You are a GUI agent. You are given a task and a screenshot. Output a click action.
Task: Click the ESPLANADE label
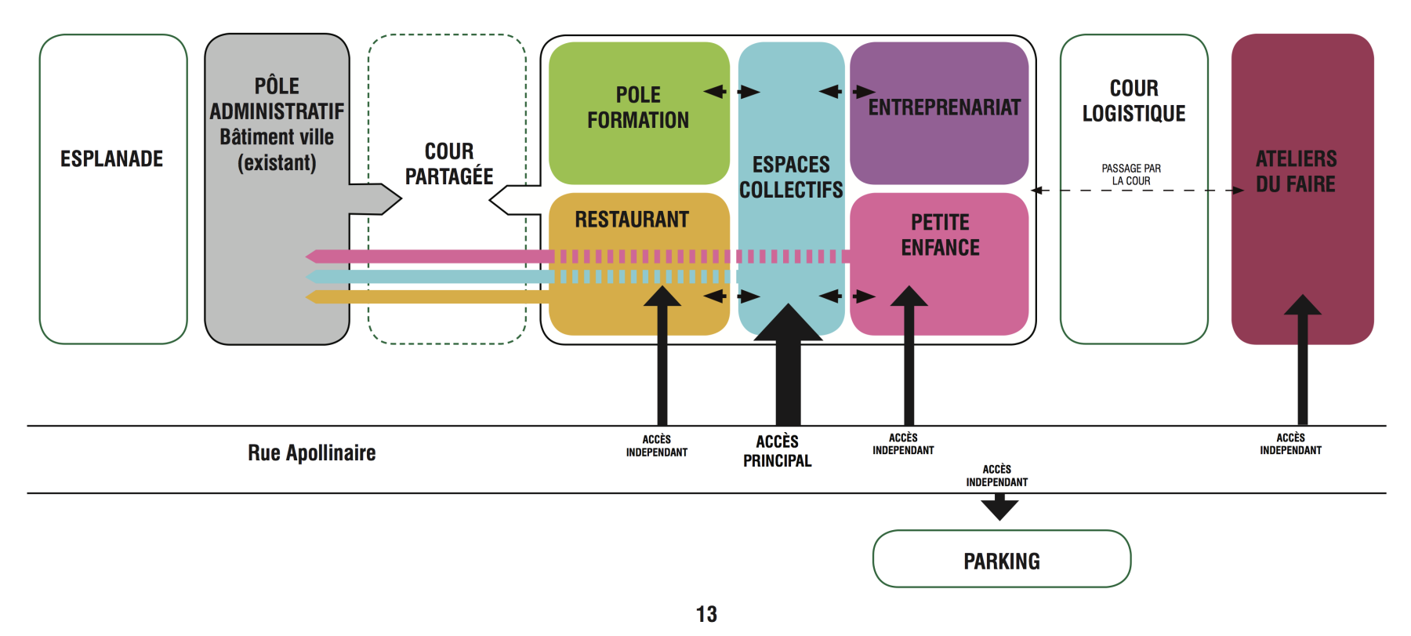[111, 159]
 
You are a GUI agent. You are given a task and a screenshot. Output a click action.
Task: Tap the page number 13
[706, 614]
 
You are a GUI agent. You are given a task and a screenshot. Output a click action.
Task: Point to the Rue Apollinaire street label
[311, 452]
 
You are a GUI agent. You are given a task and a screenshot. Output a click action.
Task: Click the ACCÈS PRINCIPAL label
[777, 451]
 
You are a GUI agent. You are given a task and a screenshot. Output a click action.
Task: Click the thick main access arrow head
[788, 322]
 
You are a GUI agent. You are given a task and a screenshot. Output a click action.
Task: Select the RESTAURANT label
[632, 220]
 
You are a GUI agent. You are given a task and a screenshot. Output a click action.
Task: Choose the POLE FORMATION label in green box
[638, 107]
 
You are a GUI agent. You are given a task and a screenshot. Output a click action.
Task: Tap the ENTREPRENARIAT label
[944, 107]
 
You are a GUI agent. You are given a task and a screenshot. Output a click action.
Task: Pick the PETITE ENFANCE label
[940, 234]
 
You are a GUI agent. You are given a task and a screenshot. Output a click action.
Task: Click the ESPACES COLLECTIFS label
[791, 176]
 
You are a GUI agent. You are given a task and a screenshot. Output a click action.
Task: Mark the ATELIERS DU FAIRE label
[1296, 171]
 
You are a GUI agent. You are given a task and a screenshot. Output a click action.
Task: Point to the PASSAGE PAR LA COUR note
[1131, 174]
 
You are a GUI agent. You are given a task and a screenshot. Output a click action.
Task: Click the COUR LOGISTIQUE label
[1134, 100]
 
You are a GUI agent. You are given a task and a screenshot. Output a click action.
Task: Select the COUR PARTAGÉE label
[449, 163]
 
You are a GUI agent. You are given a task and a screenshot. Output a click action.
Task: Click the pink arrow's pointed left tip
[308, 256]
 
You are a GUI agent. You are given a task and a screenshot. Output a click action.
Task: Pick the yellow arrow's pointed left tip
[308, 297]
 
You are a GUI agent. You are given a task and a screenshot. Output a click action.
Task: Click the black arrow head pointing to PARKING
[999, 511]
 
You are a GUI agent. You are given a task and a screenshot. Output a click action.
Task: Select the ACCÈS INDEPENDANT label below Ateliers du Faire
[1290, 444]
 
